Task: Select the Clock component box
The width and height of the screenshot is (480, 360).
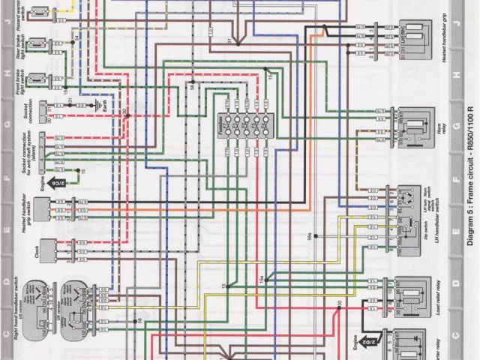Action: (x=46, y=247)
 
